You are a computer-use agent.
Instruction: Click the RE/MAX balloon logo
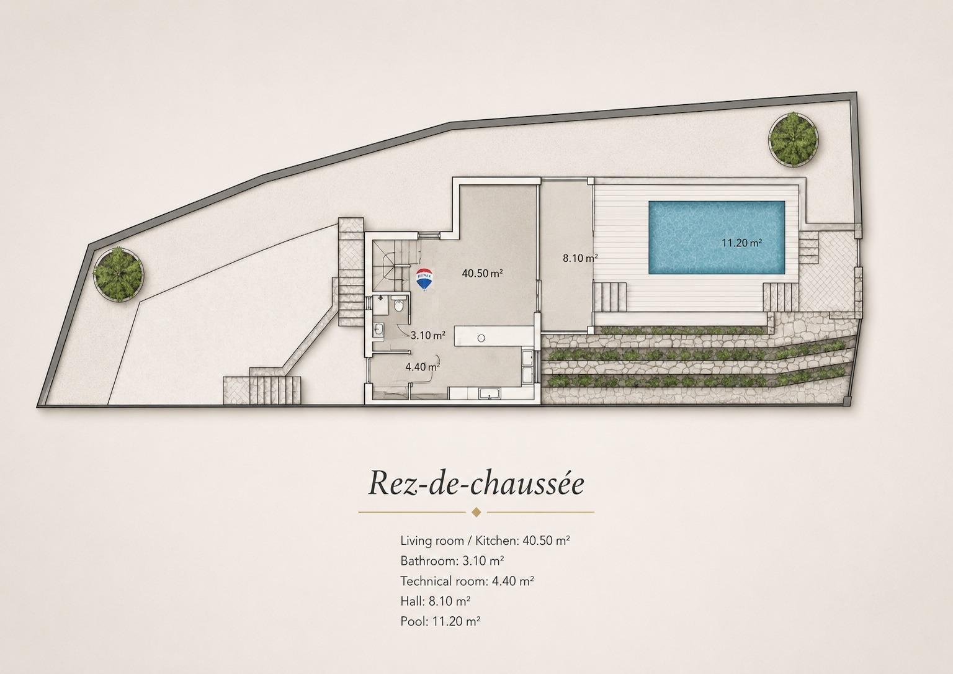click(x=424, y=279)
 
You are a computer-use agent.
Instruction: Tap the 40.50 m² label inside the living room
click(x=483, y=273)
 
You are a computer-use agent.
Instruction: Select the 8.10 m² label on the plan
click(x=580, y=258)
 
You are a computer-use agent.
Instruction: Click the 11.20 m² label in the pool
click(x=741, y=243)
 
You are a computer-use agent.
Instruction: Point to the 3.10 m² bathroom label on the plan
click(x=428, y=335)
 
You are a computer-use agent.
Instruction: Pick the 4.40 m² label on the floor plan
click(x=423, y=367)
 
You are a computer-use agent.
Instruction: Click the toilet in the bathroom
click(x=399, y=305)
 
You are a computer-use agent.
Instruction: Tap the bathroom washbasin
click(x=378, y=329)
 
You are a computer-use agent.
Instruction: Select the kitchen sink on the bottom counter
click(x=490, y=394)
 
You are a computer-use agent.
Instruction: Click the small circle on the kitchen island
click(x=481, y=338)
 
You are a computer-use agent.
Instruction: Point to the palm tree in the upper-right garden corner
click(x=793, y=139)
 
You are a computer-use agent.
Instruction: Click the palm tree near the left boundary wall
click(x=119, y=274)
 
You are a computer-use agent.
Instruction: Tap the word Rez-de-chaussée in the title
click(x=476, y=482)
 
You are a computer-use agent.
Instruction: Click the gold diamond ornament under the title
click(x=476, y=512)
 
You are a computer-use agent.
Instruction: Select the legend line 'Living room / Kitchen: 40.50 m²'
click(x=485, y=541)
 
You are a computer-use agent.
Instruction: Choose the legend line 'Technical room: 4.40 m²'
click(x=467, y=581)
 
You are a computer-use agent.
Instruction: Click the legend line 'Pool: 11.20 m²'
click(x=441, y=621)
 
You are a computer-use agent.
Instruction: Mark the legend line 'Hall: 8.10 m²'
click(x=435, y=601)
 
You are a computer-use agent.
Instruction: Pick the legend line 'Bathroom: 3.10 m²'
click(x=452, y=560)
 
